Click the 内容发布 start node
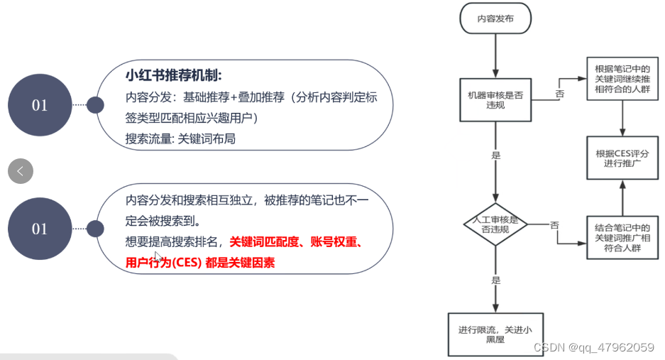[495, 20]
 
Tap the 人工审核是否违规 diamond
[495, 224]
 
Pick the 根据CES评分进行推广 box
[623, 158]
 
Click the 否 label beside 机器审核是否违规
[560, 94]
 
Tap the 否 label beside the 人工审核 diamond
[554, 224]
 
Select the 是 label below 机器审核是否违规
[495, 155]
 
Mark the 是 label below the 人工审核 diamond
[495, 279]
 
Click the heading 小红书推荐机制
[174, 75]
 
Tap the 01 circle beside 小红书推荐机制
[40, 105]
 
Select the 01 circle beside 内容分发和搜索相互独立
[40, 229]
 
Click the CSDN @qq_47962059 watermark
[593, 347]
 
